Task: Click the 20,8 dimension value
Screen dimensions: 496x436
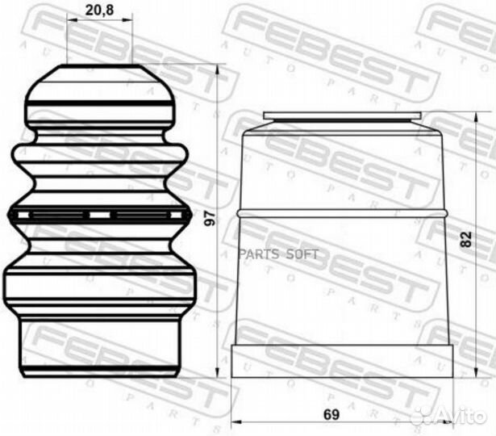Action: click(100, 10)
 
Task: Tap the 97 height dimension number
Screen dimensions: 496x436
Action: click(210, 219)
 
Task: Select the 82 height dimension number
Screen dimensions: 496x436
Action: click(466, 239)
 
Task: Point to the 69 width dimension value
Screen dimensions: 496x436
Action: click(331, 414)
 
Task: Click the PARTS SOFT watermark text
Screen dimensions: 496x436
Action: click(279, 254)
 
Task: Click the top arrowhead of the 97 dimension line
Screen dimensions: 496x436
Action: click(217, 69)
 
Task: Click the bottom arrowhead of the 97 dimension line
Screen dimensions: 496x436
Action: click(217, 372)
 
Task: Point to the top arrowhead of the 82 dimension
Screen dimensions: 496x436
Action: click(475, 117)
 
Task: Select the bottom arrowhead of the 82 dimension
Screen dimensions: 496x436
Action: click(475, 372)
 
